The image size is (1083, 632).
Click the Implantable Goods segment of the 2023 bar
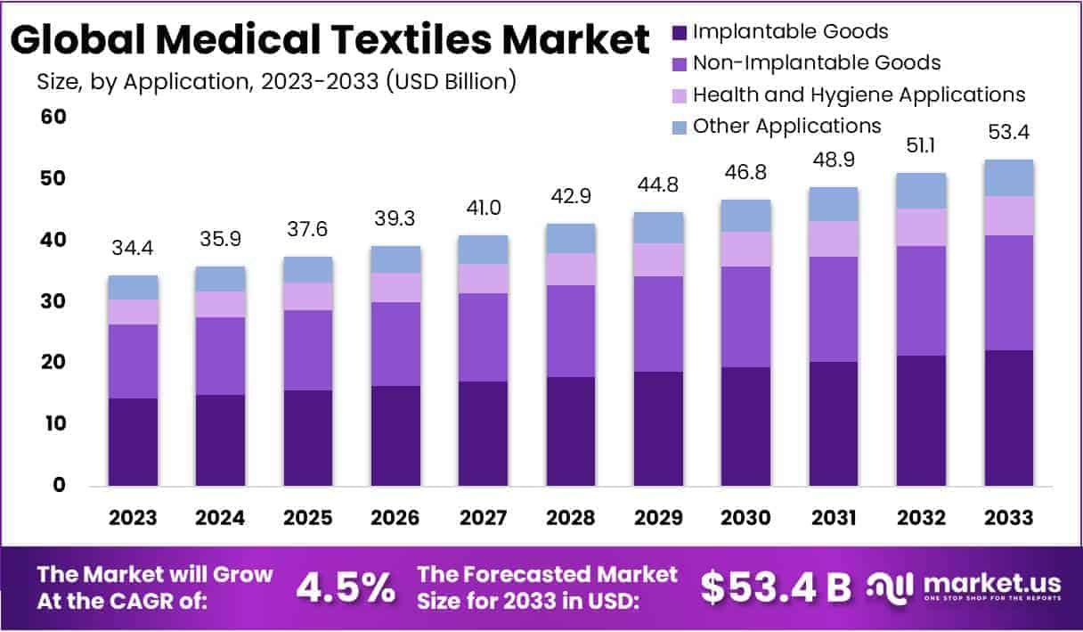(x=133, y=441)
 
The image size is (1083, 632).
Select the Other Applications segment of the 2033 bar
(x=1009, y=178)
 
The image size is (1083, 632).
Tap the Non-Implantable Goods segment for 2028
(x=571, y=331)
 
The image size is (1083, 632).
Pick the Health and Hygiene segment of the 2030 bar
(x=746, y=250)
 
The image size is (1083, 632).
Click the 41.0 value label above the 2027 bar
(x=484, y=207)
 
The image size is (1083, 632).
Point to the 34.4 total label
(x=133, y=250)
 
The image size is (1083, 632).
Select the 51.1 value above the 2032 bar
(x=921, y=146)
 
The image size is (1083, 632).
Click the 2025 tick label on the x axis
(x=308, y=518)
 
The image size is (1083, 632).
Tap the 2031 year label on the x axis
(x=834, y=518)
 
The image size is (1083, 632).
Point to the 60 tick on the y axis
(x=53, y=117)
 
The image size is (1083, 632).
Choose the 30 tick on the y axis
(x=53, y=301)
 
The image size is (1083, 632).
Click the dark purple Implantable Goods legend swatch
(x=679, y=33)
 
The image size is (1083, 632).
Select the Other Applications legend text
(x=787, y=126)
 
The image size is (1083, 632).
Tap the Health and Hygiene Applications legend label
(x=859, y=94)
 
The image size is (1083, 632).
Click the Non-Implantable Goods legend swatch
(x=679, y=64)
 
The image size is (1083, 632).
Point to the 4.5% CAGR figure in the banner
(x=345, y=587)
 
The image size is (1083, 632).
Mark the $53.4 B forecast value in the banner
(x=775, y=587)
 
